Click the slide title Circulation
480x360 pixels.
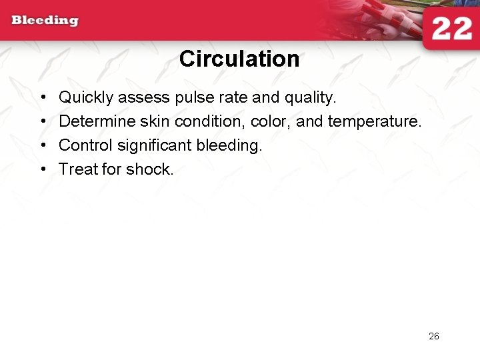[x=239, y=59]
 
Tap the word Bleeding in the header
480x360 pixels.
[x=45, y=20]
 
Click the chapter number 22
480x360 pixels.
[x=451, y=30]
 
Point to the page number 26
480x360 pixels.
[x=433, y=336]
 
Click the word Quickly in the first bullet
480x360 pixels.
[x=86, y=98]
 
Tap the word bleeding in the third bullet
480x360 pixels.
[x=229, y=145]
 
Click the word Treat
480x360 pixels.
[x=78, y=169]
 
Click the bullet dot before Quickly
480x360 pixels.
[x=42, y=98]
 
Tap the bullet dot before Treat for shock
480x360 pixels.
[x=42, y=169]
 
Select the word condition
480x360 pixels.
[x=210, y=122]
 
